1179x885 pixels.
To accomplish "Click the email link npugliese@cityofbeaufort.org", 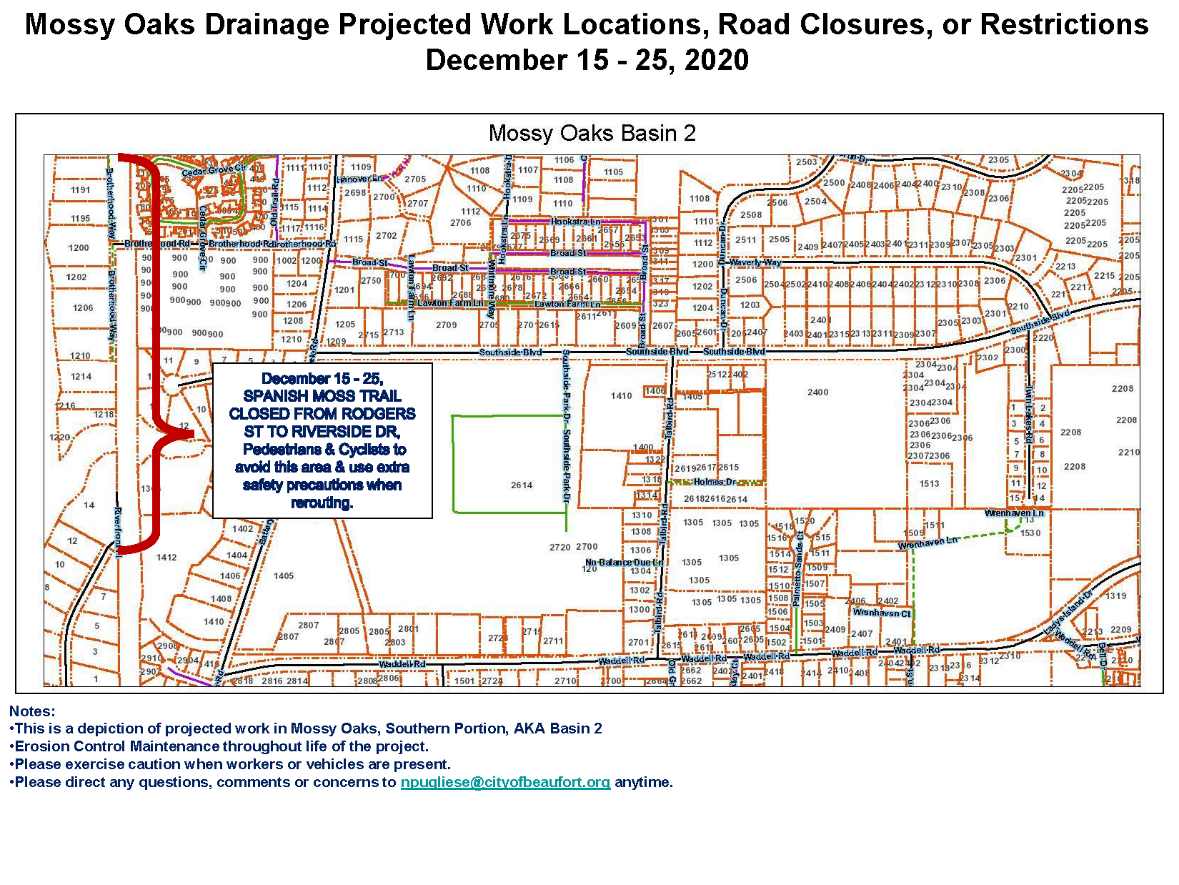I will [505, 782].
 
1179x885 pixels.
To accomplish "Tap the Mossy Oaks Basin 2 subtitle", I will [592, 134].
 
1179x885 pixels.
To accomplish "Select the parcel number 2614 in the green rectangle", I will [521, 485].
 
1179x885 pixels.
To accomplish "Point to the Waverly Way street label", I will [755, 262].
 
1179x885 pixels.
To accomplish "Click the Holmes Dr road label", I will [715, 482].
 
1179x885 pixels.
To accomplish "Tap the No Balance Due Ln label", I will [624, 563].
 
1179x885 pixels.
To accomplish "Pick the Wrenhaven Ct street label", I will [882, 613].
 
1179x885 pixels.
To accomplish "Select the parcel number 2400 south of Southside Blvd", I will [817, 392].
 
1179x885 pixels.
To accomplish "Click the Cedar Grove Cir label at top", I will [214, 171].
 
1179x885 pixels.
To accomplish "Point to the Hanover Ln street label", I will [359, 179].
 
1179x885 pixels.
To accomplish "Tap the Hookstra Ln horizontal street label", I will [575, 222].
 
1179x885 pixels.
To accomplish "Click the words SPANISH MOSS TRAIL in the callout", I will [322, 396].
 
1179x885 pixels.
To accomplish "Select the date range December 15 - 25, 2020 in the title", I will [587, 60].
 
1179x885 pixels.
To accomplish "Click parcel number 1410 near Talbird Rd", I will [621, 396].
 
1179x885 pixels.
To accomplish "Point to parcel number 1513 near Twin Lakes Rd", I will [929, 484].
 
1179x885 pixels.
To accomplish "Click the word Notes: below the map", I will [32, 711].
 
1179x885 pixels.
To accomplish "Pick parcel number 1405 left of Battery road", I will [283, 575].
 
